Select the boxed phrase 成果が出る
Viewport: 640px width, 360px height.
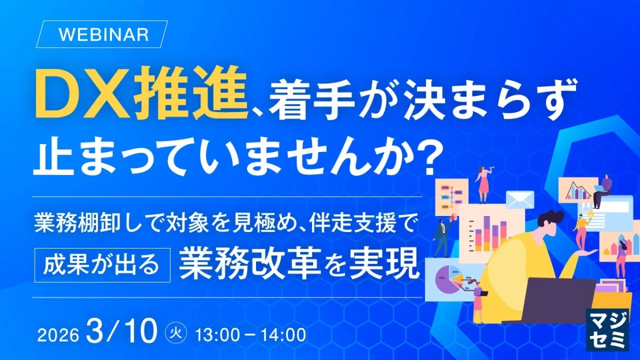tap(102, 264)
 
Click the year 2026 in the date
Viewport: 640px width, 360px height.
tap(58, 335)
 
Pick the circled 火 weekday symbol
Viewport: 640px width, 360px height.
tap(174, 334)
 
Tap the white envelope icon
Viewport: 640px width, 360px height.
tap(520, 200)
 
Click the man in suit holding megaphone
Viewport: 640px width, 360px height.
tap(442, 235)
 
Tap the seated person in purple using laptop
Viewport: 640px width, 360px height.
tap(603, 190)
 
